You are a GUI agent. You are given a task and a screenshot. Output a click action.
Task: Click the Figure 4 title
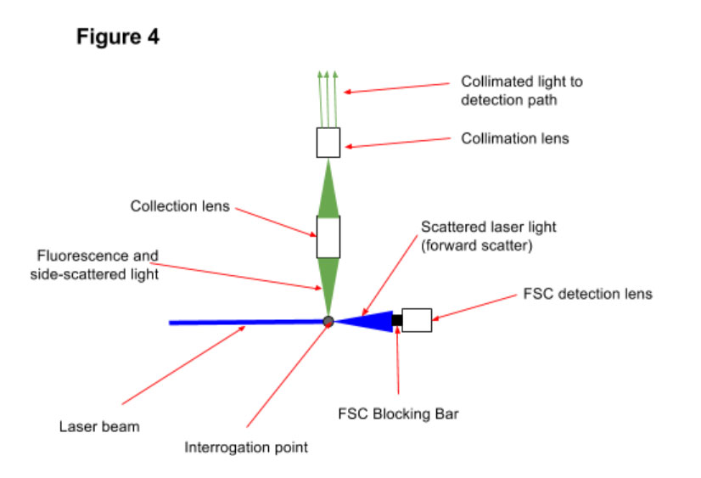pos(118,37)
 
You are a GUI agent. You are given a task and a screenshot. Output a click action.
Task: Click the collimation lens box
pos(328,143)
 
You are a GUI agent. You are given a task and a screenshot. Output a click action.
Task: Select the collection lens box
pos(328,237)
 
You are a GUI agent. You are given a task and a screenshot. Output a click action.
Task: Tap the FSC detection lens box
pos(417,320)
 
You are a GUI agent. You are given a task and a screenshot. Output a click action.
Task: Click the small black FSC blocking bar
pos(396,320)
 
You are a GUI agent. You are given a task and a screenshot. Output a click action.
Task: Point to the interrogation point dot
pos(328,321)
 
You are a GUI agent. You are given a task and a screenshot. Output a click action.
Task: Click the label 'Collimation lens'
pos(514,138)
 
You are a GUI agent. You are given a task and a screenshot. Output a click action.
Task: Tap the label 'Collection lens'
pos(180,206)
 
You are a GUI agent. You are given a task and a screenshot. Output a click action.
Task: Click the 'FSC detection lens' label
pos(587,294)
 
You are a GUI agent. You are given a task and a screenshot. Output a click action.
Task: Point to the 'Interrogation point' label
pos(246,447)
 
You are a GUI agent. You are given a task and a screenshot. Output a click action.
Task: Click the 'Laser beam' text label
pos(99,426)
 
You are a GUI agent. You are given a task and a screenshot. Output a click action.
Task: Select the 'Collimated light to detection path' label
pos(522,90)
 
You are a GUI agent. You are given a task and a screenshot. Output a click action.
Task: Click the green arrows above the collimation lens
pos(328,98)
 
